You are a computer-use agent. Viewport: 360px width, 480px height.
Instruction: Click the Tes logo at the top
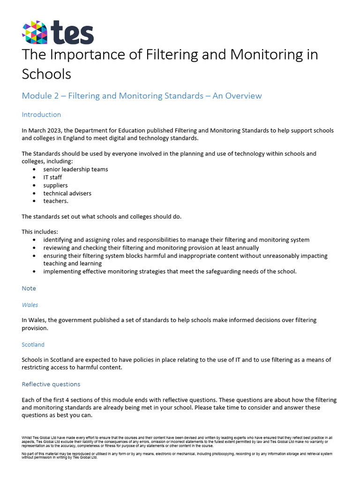click(58, 32)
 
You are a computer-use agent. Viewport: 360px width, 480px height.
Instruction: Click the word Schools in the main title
click(46, 74)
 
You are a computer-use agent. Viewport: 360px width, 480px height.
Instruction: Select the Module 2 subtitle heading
click(142, 96)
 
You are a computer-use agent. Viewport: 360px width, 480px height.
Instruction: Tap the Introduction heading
click(41, 114)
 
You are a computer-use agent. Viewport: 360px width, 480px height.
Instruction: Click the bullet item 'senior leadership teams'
click(75, 169)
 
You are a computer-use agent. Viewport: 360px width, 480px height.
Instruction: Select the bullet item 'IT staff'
click(52, 177)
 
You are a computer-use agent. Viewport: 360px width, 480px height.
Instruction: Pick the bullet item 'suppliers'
click(55, 185)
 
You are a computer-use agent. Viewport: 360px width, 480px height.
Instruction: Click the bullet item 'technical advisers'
click(67, 193)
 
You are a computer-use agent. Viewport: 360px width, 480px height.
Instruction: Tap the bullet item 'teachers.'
click(56, 201)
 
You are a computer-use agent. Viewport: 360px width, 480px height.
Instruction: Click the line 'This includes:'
click(40, 232)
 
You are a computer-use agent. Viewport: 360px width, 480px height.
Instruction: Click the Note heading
click(29, 288)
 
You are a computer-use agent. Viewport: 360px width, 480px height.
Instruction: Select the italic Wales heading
click(30, 305)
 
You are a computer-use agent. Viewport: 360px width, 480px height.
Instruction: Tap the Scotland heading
click(33, 345)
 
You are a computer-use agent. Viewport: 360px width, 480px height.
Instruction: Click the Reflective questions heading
click(51, 384)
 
